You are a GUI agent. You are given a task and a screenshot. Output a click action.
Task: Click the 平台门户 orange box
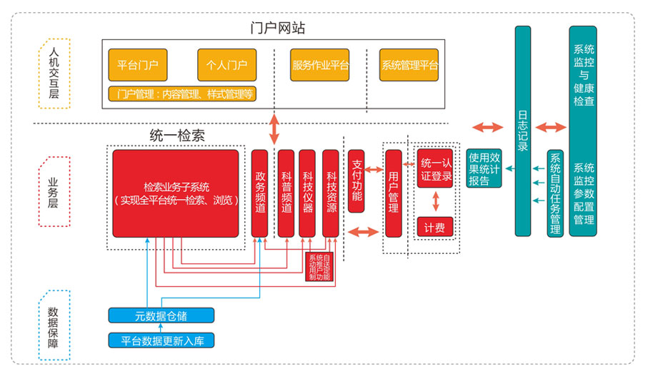[138, 65]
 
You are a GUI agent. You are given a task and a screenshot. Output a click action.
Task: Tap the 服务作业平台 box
[319, 65]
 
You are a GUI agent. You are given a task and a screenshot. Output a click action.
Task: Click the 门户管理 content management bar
[182, 94]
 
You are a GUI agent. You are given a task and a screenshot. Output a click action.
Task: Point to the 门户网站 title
[278, 29]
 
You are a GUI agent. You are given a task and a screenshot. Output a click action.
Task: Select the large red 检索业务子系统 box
[176, 193]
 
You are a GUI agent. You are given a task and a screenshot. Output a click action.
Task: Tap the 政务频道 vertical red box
[260, 193]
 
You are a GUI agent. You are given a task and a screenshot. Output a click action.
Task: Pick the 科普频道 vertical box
[286, 193]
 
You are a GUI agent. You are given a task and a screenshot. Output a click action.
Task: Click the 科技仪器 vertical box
[307, 193]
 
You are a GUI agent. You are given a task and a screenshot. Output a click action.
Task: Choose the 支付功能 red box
[357, 181]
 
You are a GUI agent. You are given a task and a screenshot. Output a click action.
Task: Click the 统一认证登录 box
[435, 169]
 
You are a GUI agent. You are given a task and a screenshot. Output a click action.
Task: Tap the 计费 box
[435, 227]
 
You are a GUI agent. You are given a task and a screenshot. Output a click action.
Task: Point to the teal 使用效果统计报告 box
[484, 168]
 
